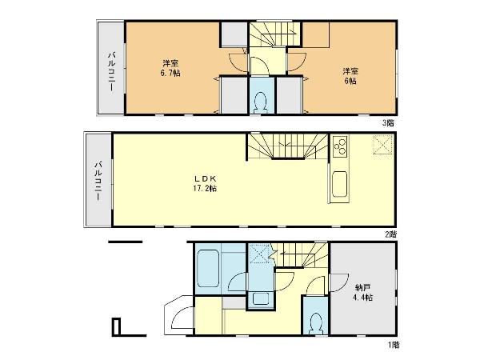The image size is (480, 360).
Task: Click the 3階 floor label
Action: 388,123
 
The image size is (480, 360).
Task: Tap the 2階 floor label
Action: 391,234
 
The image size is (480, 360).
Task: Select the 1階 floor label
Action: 394,345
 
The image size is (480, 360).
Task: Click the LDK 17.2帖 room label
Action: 205,183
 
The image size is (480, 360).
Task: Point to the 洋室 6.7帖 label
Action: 170,68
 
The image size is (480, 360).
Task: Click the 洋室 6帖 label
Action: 350,76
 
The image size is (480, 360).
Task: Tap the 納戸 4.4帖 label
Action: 363,292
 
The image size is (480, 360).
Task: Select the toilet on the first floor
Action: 316,323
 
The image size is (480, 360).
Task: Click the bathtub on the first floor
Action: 208,269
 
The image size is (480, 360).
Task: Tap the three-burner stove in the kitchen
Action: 340,146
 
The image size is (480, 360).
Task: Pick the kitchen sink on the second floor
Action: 340,184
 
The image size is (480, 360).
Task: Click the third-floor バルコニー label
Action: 111,71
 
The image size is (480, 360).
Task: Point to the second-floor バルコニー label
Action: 98,181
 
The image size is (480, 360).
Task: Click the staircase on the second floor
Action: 288,146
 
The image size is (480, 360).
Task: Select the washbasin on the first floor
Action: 261,299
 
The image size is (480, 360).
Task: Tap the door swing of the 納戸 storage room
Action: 339,282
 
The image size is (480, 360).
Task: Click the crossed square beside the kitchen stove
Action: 382,145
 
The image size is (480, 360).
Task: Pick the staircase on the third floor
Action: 274,34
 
